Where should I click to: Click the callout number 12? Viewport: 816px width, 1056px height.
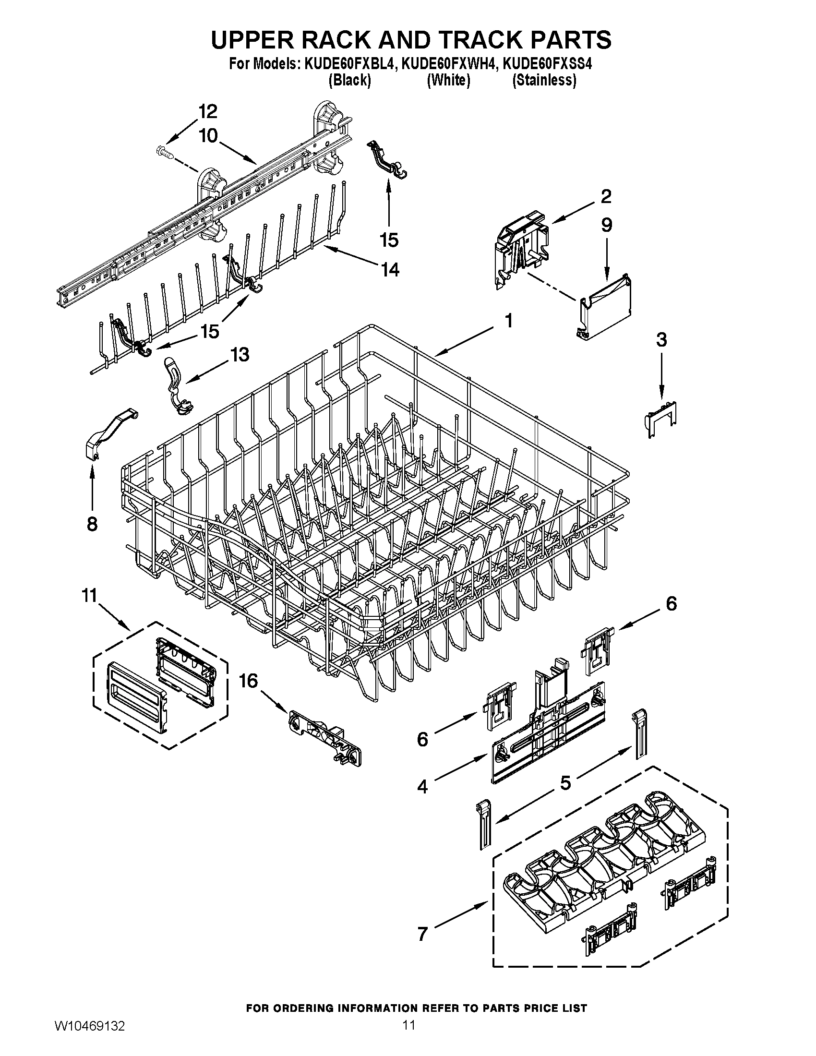coord(208,112)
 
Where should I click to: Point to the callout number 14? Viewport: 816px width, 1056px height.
coord(390,269)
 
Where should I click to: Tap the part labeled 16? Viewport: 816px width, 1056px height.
coord(325,738)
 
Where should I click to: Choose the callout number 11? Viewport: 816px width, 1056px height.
coord(89,596)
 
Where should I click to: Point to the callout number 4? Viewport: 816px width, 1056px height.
coord(422,787)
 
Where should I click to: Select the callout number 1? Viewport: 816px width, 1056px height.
coord(508,320)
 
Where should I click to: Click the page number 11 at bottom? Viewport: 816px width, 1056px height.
coord(408,1037)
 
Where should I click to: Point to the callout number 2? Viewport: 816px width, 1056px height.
coord(606,196)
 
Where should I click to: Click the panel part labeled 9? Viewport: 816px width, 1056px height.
coord(606,307)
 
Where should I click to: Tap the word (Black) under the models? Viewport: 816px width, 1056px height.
coord(349,80)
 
